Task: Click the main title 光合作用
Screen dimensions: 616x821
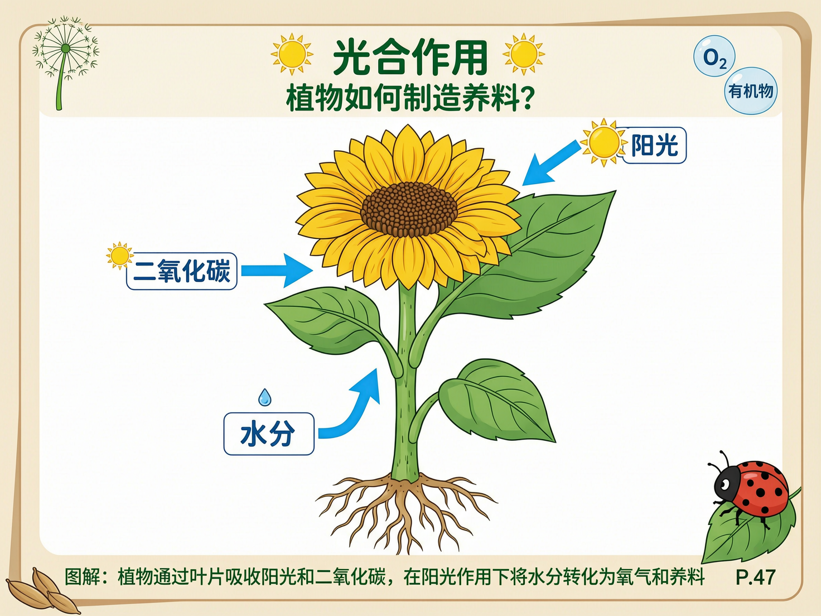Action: pos(410,57)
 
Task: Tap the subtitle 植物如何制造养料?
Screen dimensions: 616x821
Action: pos(410,98)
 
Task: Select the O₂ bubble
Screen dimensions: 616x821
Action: pos(714,56)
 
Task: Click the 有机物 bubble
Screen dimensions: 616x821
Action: pos(751,91)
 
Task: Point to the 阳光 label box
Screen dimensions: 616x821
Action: pos(654,146)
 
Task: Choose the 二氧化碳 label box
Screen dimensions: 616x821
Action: pos(182,271)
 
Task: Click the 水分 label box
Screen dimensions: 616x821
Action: pos(268,434)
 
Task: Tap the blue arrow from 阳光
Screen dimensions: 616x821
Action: pos(549,163)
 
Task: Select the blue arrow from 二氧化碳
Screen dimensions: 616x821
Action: pos(276,270)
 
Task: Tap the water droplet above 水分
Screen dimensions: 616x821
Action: pos(265,397)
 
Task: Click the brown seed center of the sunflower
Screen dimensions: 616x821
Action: pos(409,209)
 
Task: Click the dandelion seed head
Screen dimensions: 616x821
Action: pos(66,49)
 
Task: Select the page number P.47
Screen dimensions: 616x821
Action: pos(755,577)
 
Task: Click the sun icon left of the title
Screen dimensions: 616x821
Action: pos(292,54)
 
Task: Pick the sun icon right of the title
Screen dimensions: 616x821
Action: pos(523,54)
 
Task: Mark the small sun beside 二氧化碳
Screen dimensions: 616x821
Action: pos(119,256)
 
